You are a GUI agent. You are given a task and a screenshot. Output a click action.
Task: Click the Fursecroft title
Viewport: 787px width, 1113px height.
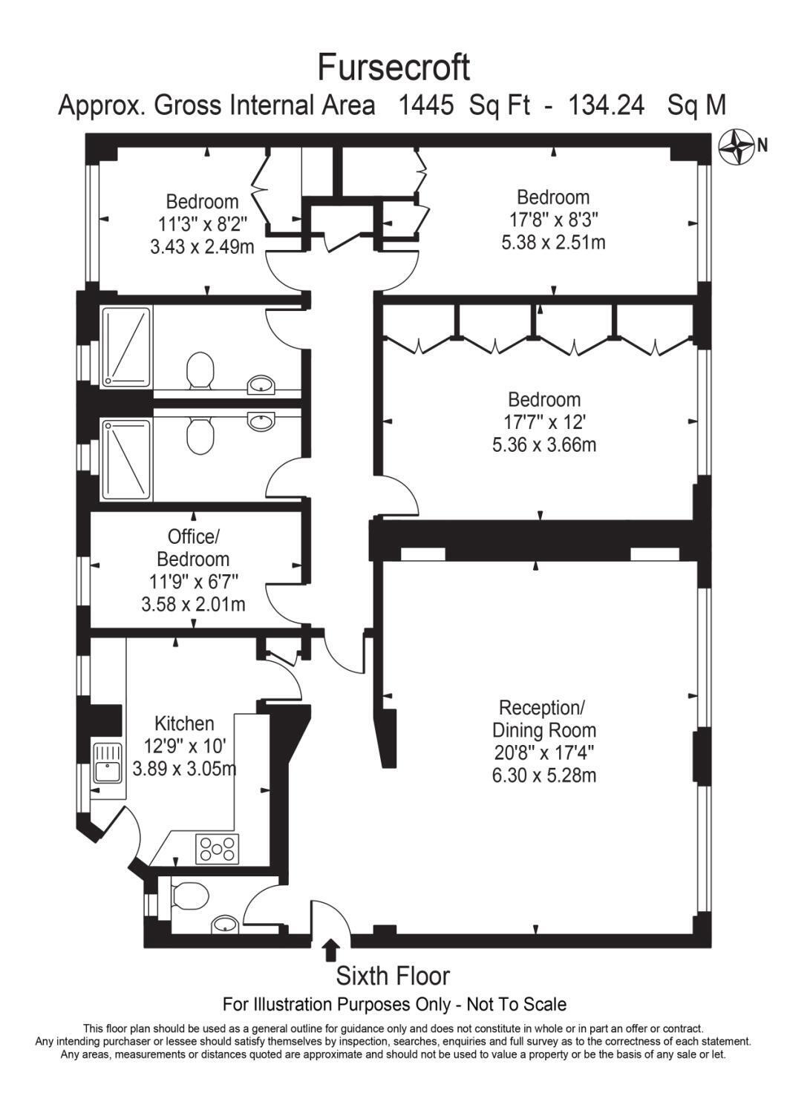393,68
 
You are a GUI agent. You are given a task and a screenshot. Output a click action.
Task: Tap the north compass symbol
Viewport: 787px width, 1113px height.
736,147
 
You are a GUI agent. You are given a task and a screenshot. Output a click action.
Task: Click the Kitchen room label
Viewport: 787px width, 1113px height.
184,723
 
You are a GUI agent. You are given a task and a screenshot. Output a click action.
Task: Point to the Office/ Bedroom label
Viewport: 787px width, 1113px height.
193,548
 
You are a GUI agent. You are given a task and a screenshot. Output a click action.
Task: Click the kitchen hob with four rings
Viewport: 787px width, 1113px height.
218,848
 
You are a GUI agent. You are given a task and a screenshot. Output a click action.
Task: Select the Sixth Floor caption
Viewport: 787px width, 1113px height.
393,976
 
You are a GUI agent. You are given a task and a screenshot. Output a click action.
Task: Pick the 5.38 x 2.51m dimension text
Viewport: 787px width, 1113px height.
553,243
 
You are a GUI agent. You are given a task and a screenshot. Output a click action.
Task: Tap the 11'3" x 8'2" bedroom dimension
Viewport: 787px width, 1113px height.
203,224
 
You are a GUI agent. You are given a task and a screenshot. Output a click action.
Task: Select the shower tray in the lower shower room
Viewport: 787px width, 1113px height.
126,459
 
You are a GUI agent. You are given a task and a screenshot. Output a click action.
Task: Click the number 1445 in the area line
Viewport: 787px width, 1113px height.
427,106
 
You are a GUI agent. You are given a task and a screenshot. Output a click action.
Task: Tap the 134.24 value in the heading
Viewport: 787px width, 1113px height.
606,106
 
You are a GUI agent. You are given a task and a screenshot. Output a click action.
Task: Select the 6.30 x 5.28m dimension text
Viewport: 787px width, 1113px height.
544,775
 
